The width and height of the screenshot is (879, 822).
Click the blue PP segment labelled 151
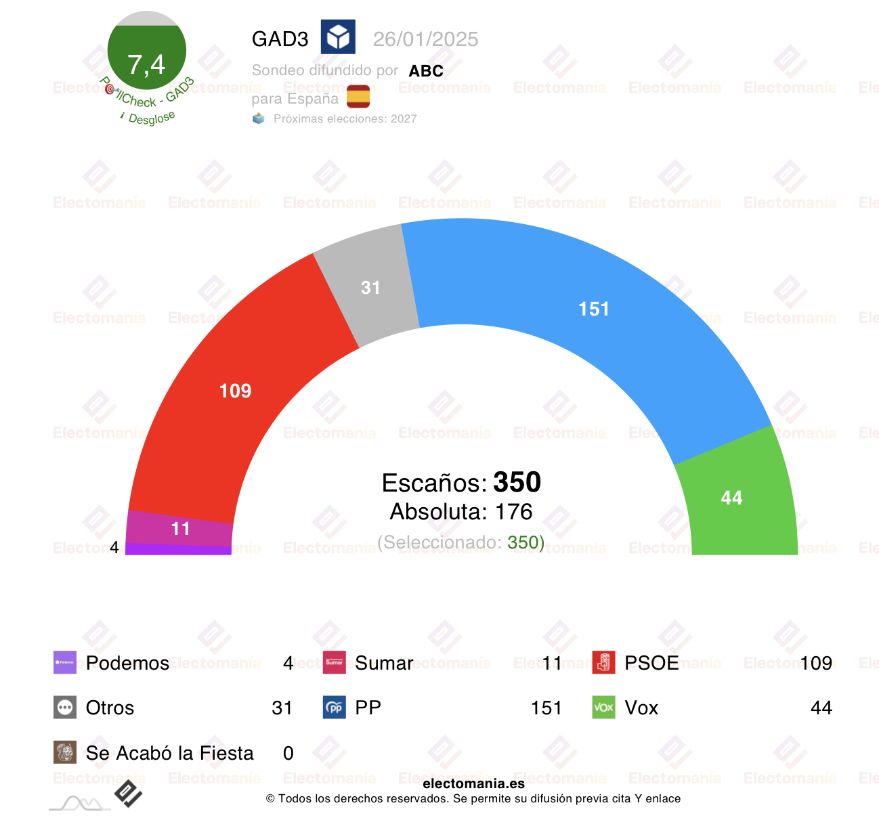[x=594, y=309]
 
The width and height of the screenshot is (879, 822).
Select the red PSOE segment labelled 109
[x=235, y=391]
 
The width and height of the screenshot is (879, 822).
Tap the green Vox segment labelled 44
[x=732, y=498]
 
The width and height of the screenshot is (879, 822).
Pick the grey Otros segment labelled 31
[x=370, y=288]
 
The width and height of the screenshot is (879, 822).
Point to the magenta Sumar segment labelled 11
[x=180, y=529]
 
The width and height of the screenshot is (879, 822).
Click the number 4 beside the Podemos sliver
[x=114, y=547]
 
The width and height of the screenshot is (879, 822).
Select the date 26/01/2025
[x=425, y=39]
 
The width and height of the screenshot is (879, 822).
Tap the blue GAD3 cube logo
[x=338, y=37]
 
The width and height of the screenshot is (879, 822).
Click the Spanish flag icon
[x=358, y=97]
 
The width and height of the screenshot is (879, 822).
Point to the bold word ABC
[x=426, y=71]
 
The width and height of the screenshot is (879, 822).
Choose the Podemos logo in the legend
[x=65, y=662]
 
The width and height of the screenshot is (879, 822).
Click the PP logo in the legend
[x=335, y=708]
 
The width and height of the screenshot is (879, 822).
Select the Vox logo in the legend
[x=603, y=708]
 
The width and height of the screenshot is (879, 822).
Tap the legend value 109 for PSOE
[x=815, y=663]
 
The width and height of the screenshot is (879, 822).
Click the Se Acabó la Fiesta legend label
[x=169, y=753]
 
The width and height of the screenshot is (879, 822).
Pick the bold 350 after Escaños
[x=517, y=482]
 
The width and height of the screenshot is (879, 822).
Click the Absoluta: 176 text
[x=461, y=512]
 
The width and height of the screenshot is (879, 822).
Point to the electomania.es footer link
[x=473, y=783]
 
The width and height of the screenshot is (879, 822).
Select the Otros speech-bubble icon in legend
[x=65, y=708]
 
